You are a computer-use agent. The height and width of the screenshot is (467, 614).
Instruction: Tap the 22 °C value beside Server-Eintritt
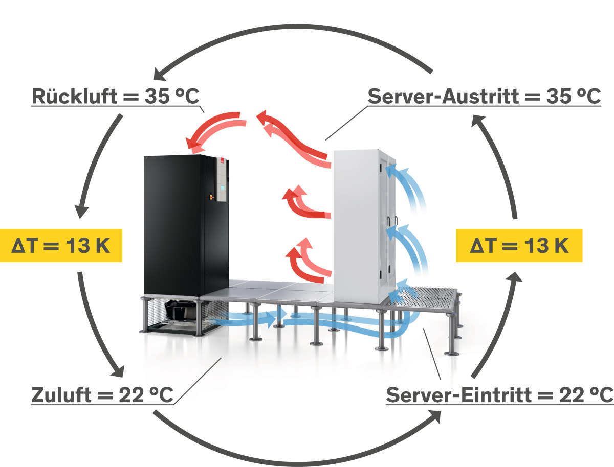[x=583, y=394]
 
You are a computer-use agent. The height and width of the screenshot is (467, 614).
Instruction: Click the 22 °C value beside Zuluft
[x=145, y=394]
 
